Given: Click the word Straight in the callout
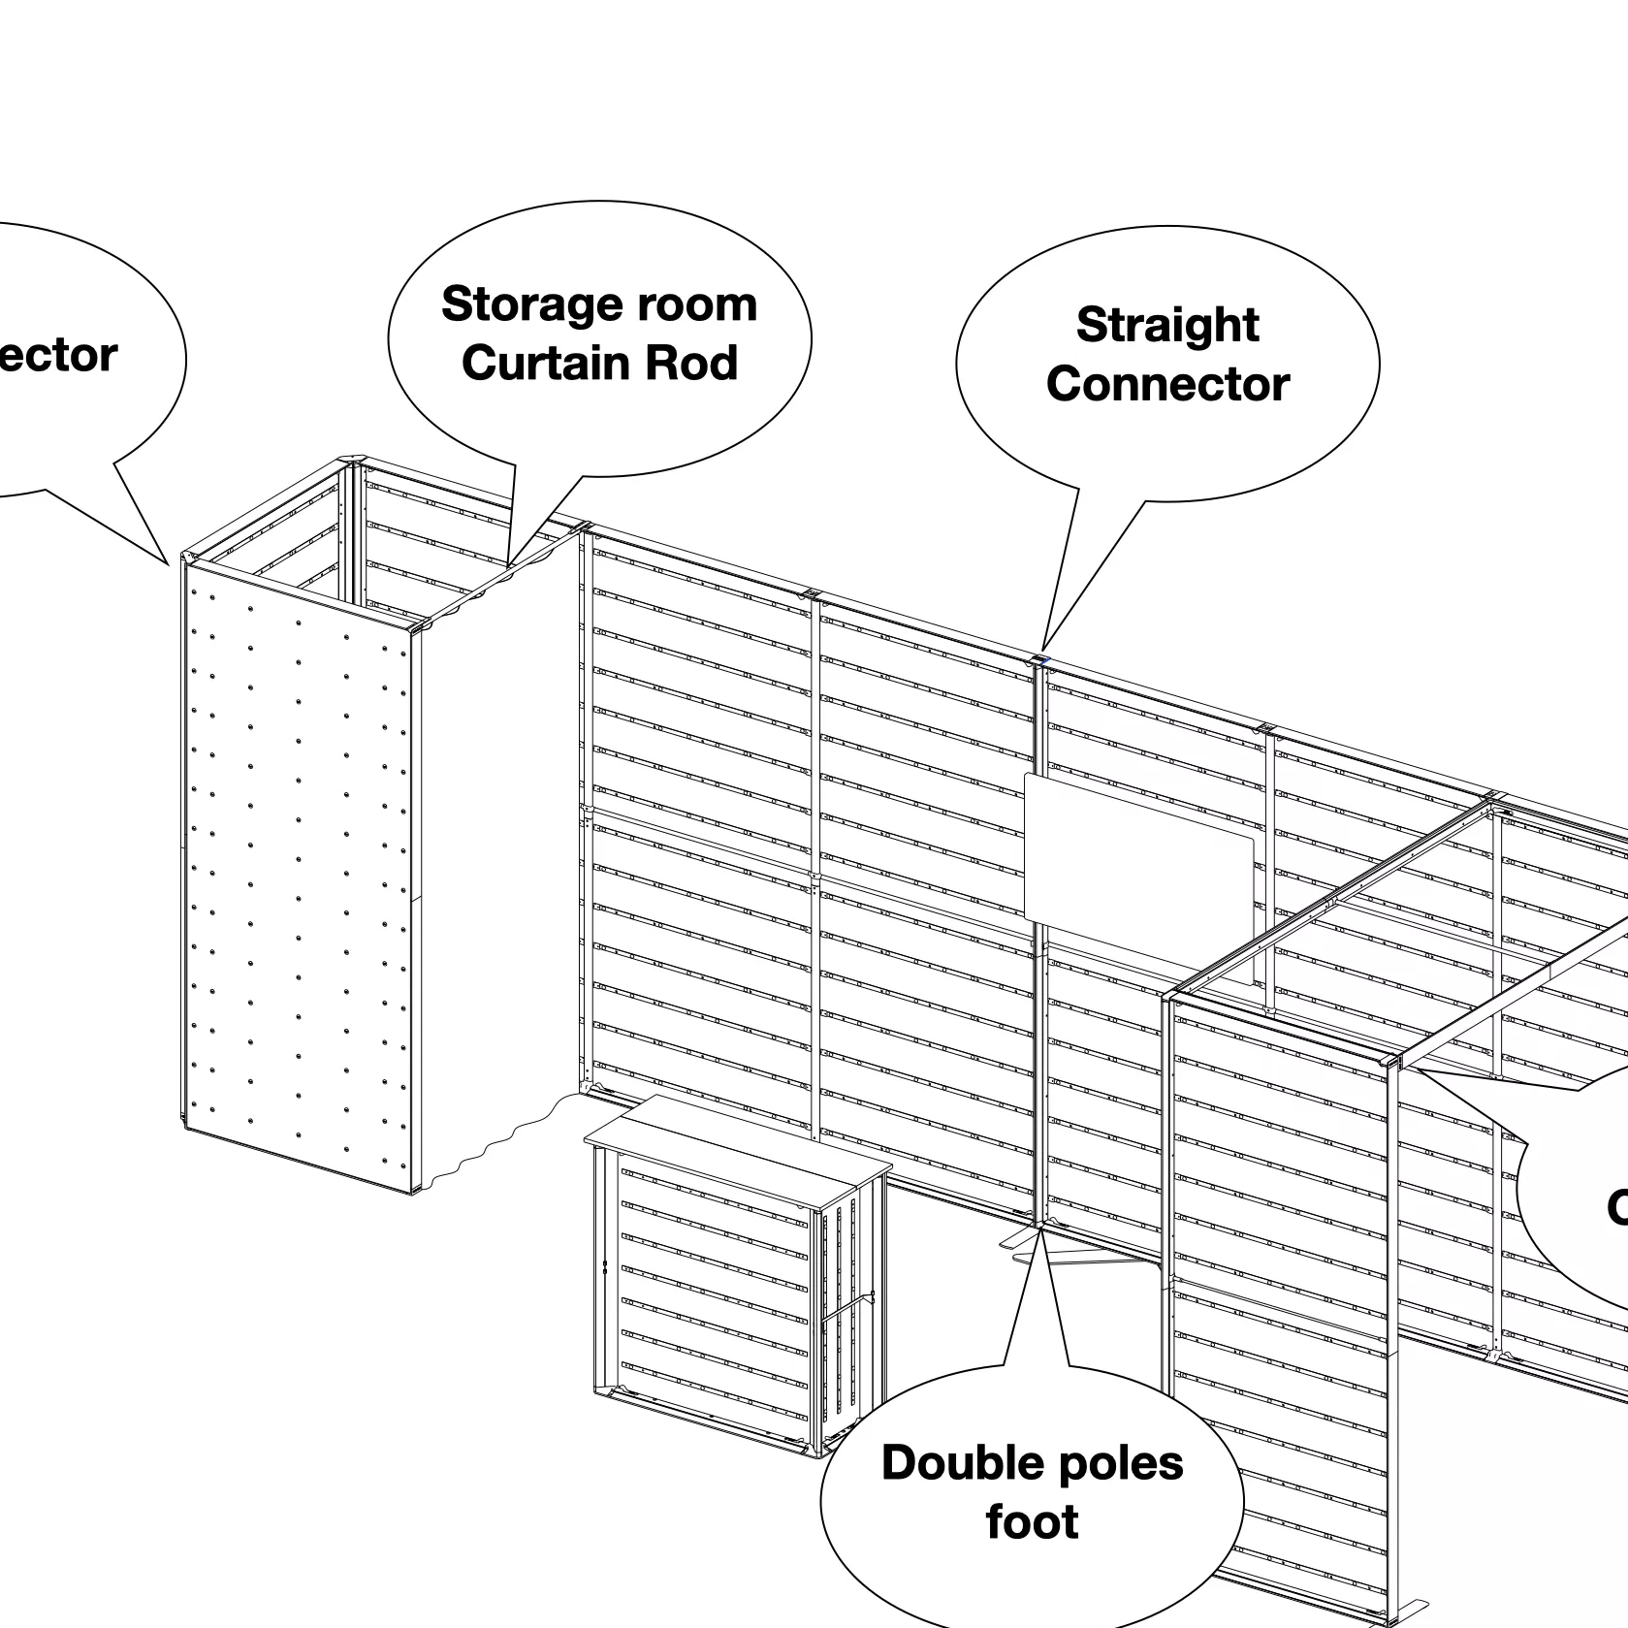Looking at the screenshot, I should [x=1167, y=325].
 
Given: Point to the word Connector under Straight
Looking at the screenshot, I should [x=1167, y=384].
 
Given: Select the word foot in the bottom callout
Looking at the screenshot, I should [x=1032, y=1522].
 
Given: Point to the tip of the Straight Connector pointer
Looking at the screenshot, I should [x=1043, y=651].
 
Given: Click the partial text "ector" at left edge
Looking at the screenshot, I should [x=58, y=356].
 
